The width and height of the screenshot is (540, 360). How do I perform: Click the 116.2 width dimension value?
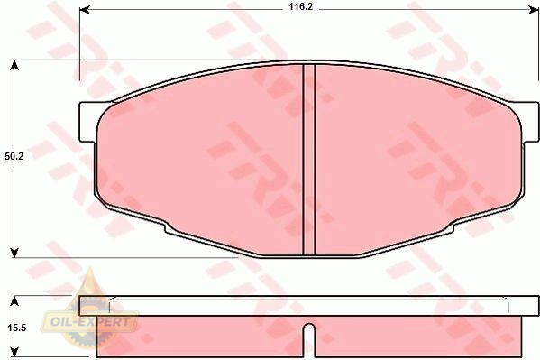pos(300,6)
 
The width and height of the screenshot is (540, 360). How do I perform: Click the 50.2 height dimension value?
pos(14,156)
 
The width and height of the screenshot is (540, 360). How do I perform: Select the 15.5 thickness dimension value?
pos(17,328)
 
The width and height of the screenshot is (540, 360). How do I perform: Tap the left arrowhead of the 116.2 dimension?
pos(85,10)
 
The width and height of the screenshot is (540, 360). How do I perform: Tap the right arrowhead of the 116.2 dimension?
pos(533,10)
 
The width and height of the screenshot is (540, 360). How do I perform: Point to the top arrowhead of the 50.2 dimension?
pos(14,65)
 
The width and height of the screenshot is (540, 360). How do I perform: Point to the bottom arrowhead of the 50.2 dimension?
pos(14,253)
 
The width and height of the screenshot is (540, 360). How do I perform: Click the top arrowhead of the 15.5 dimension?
pos(14,301)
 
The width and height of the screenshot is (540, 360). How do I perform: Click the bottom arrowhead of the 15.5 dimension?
pos(14,352)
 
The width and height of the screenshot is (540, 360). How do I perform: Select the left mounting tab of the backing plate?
pos(87,122)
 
